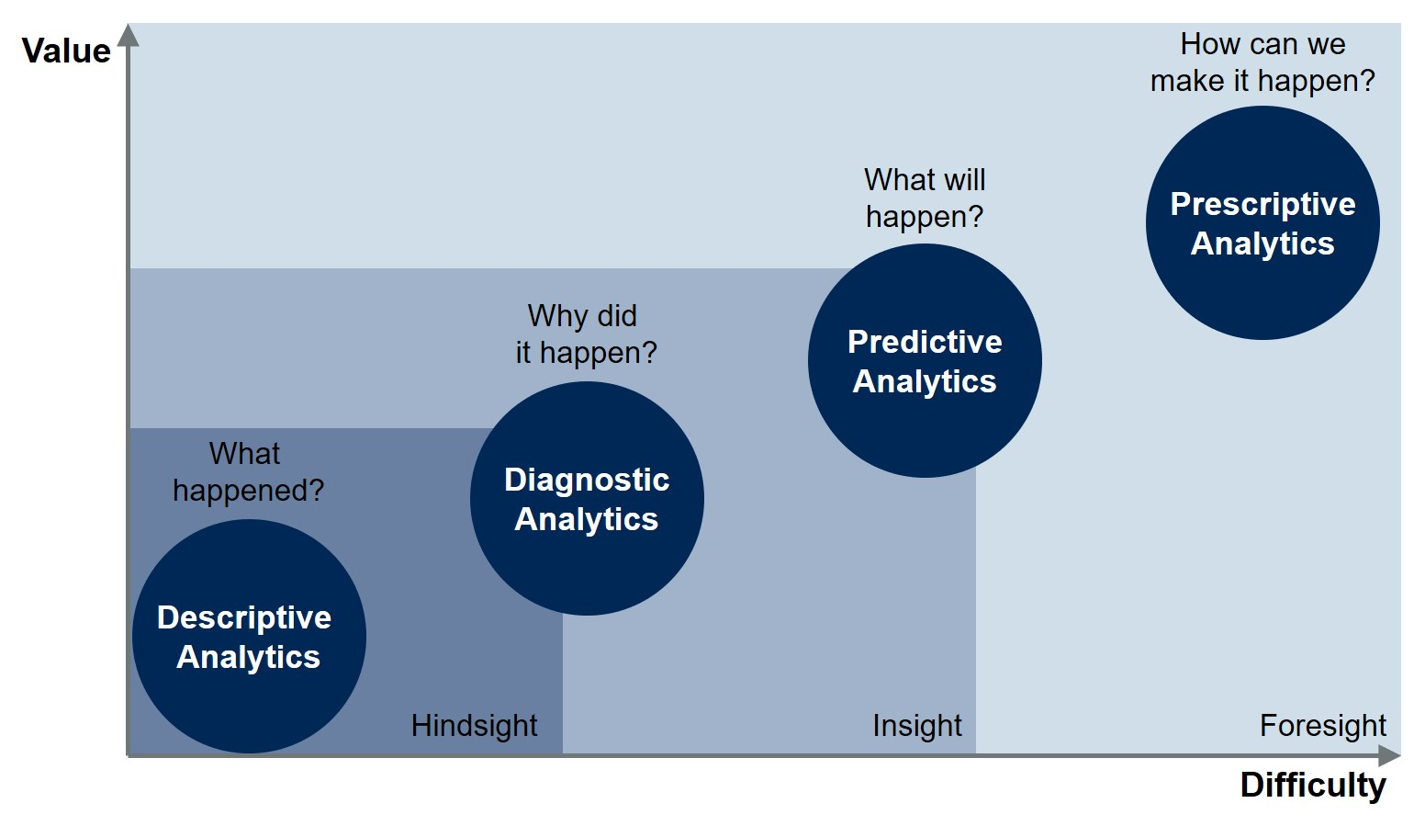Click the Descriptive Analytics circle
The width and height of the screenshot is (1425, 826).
(x=249, y=637)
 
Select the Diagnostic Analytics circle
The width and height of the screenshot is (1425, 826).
(x=587, y=498)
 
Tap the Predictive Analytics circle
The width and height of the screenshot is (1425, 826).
(x=925, y=361)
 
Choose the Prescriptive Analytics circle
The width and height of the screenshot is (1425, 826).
(x=1262, y=222)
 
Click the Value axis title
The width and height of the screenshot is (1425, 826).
(x=66, y=51)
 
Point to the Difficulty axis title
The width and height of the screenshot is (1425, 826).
(x=1313, y=786)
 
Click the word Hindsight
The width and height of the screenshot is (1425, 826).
(x=474, y=726)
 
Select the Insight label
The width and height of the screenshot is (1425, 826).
(x=916, y=726)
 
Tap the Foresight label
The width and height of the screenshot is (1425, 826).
(x=1322, y=726)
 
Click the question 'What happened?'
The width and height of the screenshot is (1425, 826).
(x=248, y=472)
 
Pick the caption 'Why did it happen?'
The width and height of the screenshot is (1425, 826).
(x=586, y=334)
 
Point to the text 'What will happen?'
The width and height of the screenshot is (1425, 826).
(x=925, y=198)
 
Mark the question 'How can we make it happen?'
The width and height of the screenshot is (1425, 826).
(x=1262, y=62)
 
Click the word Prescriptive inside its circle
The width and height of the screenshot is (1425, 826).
(x=1262, y=204)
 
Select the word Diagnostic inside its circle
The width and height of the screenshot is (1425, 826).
(x=587, y=480)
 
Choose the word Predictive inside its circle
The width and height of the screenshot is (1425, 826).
(x=925, y=342)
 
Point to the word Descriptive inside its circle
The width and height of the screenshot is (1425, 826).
(x=244, y=618)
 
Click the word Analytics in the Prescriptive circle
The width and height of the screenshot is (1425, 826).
(x=1262, y=243)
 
